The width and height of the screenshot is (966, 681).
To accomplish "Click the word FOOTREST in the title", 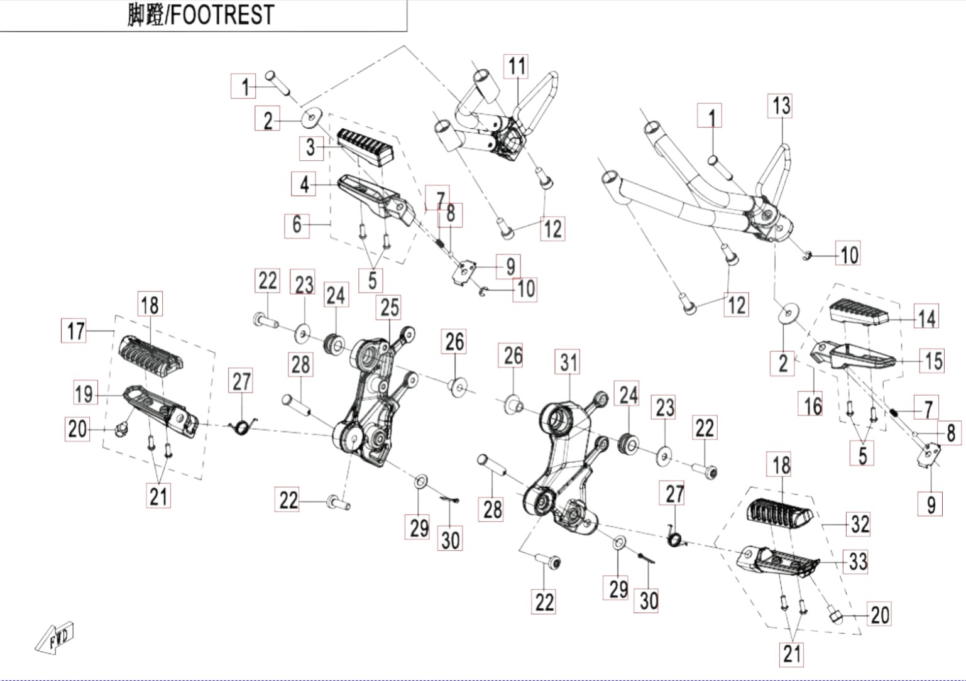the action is tap(222, 14).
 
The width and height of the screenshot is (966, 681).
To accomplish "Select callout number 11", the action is tap(516, 67).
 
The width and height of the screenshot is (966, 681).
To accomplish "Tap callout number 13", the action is tap(780, 106).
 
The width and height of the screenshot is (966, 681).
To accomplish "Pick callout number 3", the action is tap(311, 148).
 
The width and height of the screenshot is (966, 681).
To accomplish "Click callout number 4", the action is tap(304, 184).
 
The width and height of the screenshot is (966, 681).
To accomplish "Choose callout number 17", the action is tap(74, 330).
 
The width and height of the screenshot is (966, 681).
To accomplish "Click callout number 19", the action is tap(85, 393).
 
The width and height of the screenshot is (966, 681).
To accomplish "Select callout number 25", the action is tap(388, 307).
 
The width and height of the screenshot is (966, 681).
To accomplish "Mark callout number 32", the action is tap(858, 525).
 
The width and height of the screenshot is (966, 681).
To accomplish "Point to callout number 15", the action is tap(932, 361).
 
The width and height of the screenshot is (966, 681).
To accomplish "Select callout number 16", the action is tap(810, 404).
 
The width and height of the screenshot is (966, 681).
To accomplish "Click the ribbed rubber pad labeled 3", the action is tap(366, 147).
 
